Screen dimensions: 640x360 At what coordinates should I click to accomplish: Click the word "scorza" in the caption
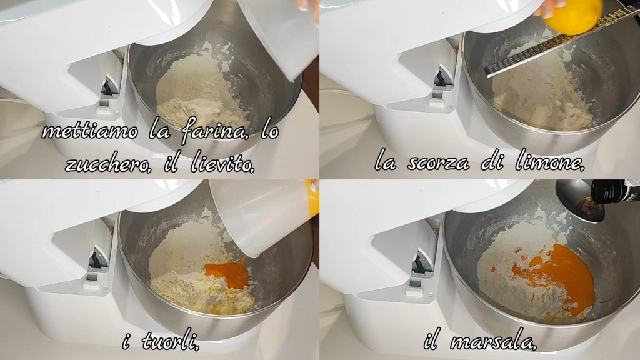coord(438,163)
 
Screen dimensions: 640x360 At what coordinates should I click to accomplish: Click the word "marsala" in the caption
coord(494,341)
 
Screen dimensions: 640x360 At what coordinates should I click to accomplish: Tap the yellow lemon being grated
coord(574,16)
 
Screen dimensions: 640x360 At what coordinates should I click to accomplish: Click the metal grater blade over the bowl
coord(561,41)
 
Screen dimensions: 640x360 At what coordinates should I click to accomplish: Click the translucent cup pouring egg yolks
coord(261,216)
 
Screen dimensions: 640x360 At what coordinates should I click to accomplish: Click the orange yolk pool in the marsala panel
coord(559,277)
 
